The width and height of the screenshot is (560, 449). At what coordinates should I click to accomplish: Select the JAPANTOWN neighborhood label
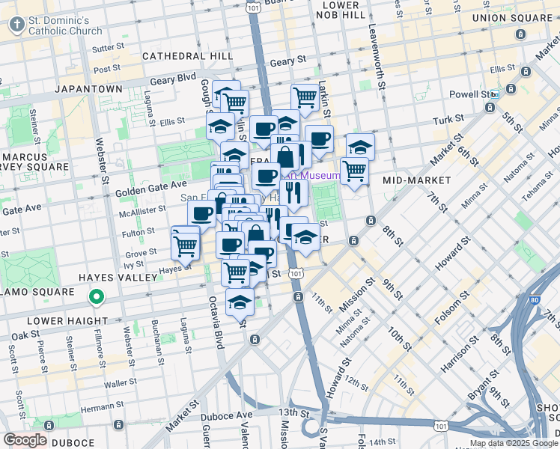click(88, 88)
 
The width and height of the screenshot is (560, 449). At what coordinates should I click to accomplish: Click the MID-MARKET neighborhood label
click(416, 180)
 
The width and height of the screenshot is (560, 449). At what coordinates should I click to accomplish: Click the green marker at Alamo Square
click(96, 298)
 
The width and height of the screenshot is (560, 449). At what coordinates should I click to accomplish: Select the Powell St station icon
click(511, 90)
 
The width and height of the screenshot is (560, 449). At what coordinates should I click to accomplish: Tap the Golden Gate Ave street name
click(150, 187)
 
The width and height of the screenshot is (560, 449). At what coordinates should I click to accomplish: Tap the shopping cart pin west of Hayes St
click(185, 243)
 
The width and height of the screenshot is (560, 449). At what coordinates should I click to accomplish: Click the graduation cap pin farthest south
click(240, 304)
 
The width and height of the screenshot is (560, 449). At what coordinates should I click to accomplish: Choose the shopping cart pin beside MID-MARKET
click(354, 170)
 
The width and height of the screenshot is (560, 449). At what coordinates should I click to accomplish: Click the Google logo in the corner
click(25, 439)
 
